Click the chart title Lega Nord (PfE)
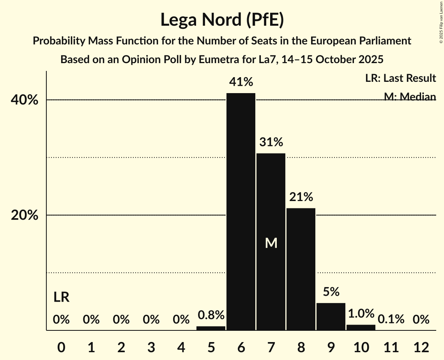(222, 19)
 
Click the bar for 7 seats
(271, 242)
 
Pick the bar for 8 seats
(301, 269)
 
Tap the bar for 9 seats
(331, 316)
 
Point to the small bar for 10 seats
(361, 328)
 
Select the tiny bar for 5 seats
(211, 328)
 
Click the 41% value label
(241, 82)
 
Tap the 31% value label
(271, 142)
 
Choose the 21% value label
(301, 197)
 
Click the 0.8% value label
(211, 315)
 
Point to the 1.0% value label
(361, 314)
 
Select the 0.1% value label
(391, 319)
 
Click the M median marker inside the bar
(271, 244)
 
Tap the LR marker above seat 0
(61, 298)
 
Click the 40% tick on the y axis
(25, 100)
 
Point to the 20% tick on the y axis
(25, 215)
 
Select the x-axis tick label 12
(421, 347)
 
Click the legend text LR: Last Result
(400, 78)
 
